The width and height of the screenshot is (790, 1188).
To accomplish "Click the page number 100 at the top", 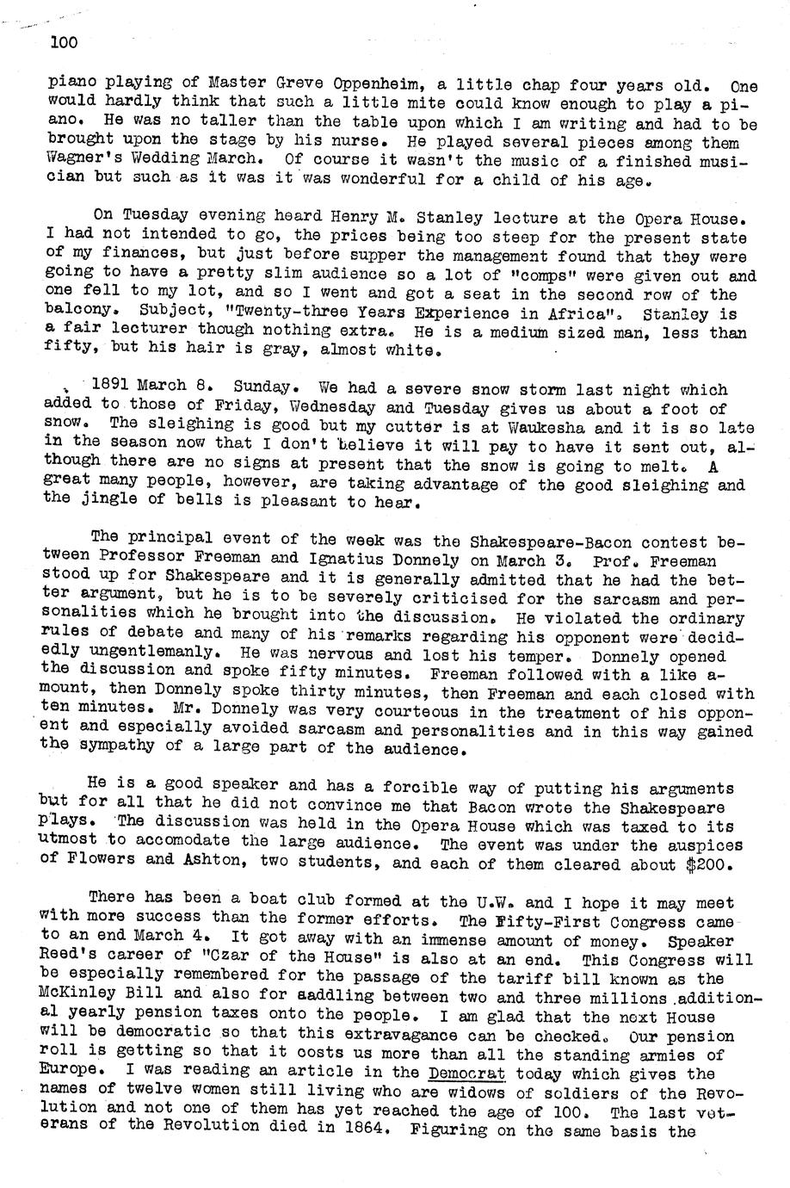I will (x=64, y=41).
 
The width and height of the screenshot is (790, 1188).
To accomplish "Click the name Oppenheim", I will (x=361, y=84).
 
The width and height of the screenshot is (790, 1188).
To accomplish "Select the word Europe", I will (x=71, y=1074).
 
